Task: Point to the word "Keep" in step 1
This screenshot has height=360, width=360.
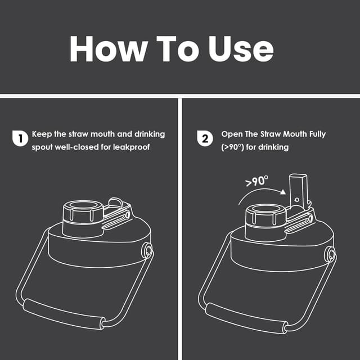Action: [42, 134]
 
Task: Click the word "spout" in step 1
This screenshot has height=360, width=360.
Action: [43, 147]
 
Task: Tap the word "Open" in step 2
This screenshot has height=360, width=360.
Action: [232, 134]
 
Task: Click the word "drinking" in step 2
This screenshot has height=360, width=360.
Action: [272, 147]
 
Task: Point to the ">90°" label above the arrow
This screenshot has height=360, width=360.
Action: [256, 182]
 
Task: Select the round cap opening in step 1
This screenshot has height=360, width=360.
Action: [82, 206]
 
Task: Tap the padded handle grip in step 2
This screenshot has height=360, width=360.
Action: [245, 318]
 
